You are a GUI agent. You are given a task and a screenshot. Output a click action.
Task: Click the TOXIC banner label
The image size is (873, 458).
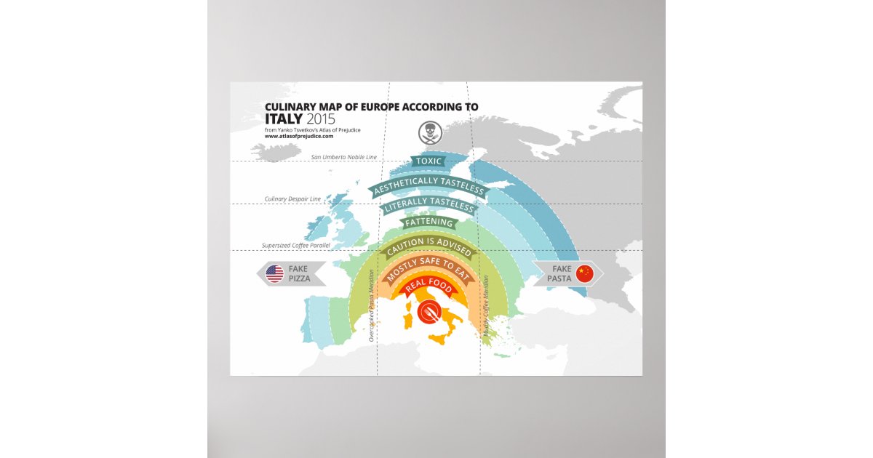(x=428, y=161)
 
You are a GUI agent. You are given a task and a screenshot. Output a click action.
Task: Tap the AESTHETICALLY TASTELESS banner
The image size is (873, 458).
(x=428, y=186)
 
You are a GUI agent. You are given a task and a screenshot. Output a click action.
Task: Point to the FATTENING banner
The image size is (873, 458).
(x=429, y=222)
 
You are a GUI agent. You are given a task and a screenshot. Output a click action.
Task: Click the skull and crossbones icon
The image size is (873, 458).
(x=428, y=132)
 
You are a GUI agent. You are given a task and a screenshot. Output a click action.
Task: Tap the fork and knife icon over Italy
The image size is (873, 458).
(x=429, y=311)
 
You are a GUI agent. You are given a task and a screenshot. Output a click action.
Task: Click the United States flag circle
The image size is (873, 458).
(x=274, y=274)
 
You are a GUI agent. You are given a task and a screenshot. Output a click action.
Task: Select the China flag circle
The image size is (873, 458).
(x=585, y=273)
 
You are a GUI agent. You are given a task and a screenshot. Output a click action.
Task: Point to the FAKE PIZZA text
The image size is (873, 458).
(x=299, y=274)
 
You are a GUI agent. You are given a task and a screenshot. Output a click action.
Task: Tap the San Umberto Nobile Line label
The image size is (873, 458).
(x=343, y=157)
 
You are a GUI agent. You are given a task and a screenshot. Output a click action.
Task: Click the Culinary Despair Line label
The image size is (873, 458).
(x=292, y=198)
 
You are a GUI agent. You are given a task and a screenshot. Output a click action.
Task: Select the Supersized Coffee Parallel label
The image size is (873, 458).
(x=296, y=246)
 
